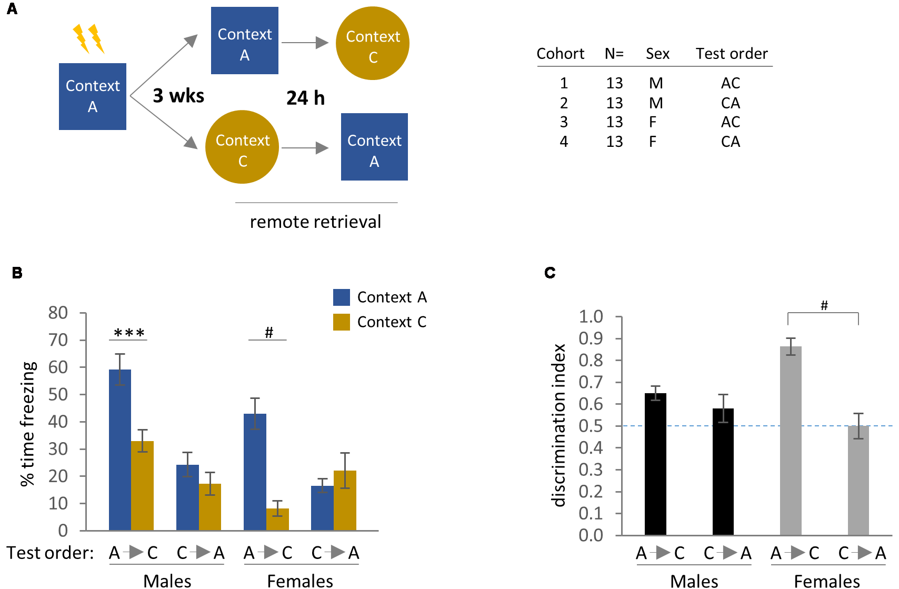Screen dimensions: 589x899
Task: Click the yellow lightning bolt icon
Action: (x=88, y=38)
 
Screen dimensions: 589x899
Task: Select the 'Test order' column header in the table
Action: (x=731, y=54)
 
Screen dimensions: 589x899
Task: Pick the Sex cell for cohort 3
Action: (x=653, y=122)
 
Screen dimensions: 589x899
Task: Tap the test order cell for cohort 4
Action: (x=731, y=142)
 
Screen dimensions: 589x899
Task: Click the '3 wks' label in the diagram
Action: (x=178, y=96)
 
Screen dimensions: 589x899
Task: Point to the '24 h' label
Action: (x=305, y=98)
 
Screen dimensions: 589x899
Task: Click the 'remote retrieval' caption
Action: (x=315, y=222)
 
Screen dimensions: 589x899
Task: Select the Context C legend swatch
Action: (x=342, y=322)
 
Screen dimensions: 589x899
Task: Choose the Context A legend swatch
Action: (x=342, y=297)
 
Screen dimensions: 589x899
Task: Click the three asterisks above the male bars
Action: (x=129, y=333)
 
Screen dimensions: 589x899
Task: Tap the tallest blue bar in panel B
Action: (x=120, y=450)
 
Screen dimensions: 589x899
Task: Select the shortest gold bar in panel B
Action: (x=277, y=519)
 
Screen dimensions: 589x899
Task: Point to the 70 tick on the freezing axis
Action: (x=58, y=340)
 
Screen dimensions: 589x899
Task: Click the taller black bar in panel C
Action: (x=655, y=464)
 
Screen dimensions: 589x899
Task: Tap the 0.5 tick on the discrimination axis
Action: (x=591, y=426)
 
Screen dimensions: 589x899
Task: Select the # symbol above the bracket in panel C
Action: (x=824, y=305)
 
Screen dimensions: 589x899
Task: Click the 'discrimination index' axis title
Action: (x=559, y=425)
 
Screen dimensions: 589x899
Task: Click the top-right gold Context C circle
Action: (x=373, y=43)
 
